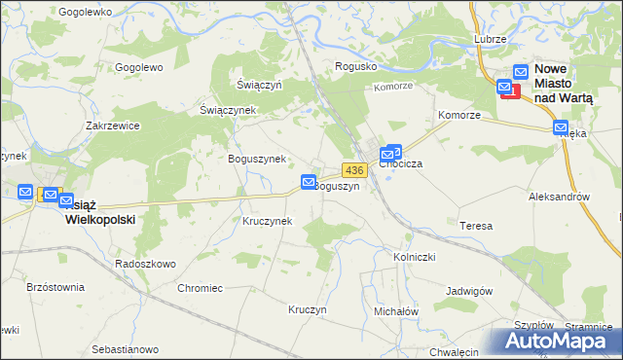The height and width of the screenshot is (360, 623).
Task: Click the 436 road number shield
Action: tap(353, 170)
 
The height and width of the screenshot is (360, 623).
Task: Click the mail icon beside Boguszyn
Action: tap(309, 182)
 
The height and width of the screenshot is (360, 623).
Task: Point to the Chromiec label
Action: tap(201, 288)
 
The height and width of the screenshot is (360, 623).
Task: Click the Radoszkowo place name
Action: tap(145, 264)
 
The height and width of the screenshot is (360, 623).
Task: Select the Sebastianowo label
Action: tap(125, 348)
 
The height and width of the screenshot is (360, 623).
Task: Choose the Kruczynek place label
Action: tap(268, 221)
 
